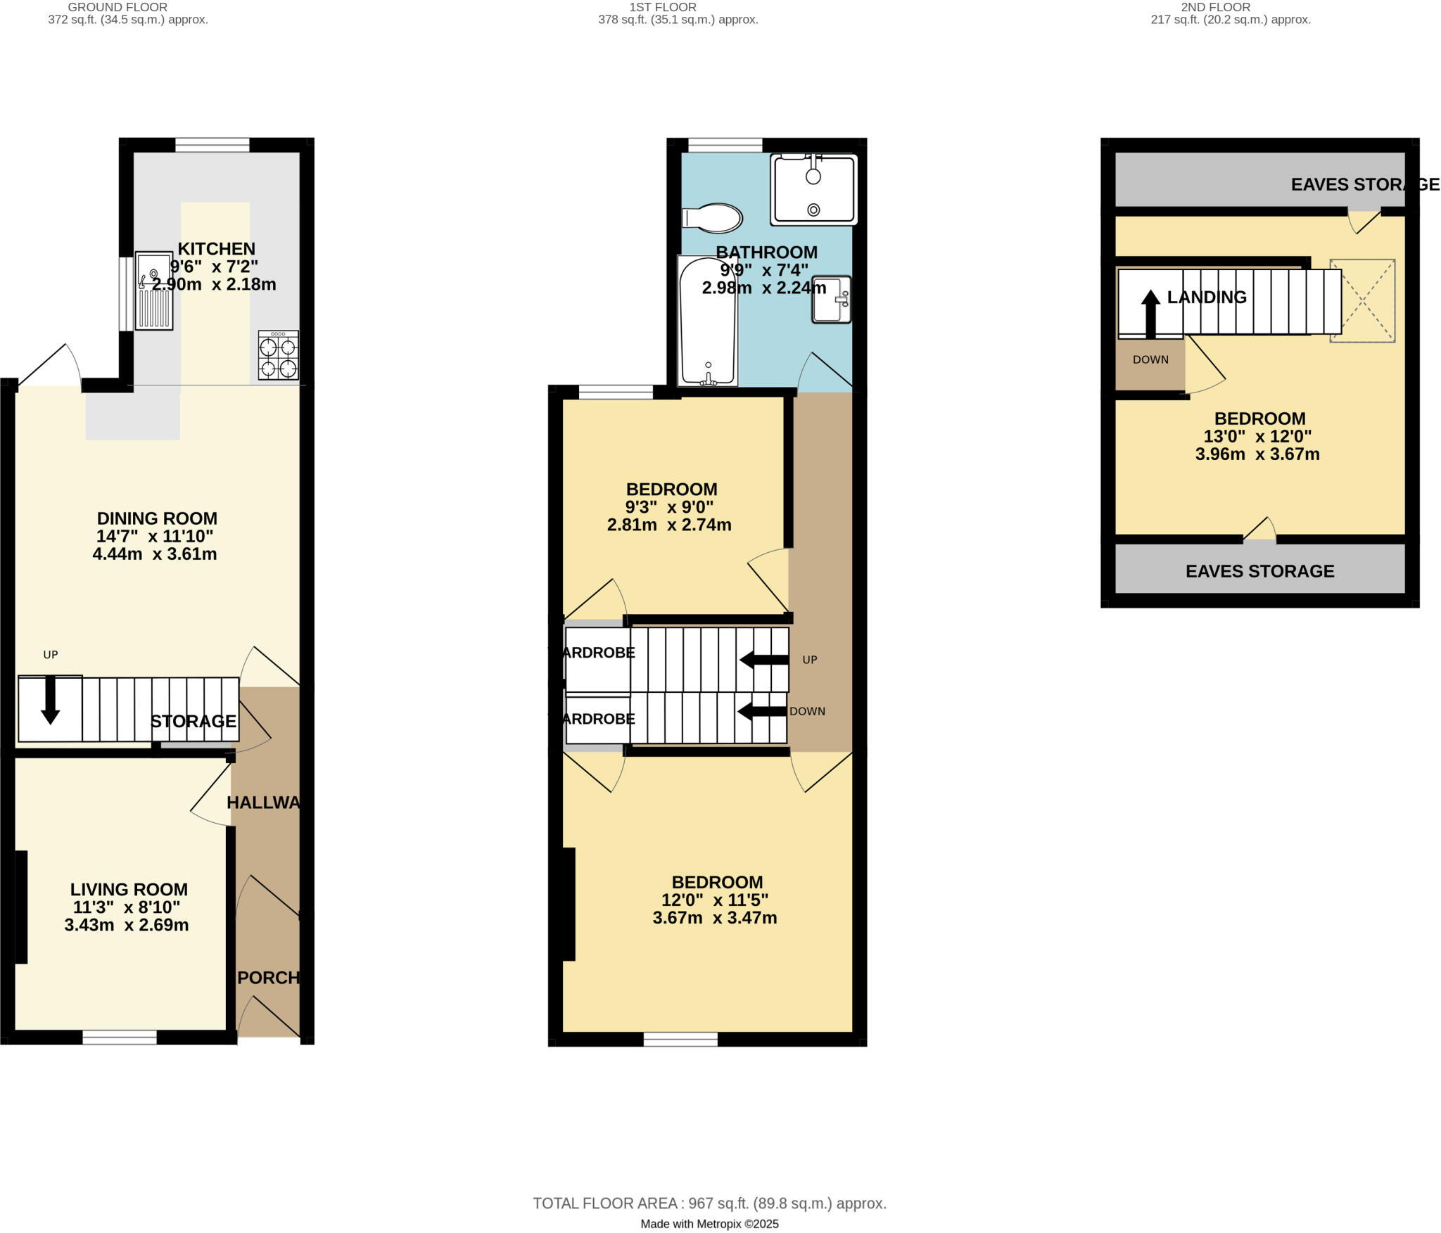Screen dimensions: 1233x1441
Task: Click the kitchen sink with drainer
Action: click(x=154, y=291)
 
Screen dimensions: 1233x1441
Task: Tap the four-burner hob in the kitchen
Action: click(x=278, y=356)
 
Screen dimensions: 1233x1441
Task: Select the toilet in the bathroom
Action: click(x=712, y=218)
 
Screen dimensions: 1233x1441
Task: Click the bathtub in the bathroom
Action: click(x=707, y=321)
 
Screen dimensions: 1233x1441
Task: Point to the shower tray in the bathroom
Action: click(x=813, y=189)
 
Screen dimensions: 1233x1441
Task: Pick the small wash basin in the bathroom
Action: click(x=832, y=300)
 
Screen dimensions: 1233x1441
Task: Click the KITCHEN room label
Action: click(x=216, y=249)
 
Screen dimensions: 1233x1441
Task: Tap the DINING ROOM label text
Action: click(x=157, y=518)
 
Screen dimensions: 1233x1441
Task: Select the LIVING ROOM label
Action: click(x=129, y=889)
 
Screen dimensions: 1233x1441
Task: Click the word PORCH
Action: click(x=269, y=978)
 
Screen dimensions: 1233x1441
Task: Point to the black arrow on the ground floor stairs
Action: click(x=50, y=700)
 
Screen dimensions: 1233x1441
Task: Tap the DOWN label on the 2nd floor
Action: click(x=1150, y=359)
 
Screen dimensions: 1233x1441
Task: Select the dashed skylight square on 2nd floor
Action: click(x=1362, y=301)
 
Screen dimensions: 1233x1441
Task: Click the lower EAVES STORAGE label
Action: click(x=1259, y=571)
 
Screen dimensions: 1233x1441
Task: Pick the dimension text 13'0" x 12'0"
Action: click(x=1257, y=436)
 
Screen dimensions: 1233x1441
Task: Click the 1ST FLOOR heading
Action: click(x=663, y=7)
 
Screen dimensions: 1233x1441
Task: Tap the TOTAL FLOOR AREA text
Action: click(x=709, y=1203)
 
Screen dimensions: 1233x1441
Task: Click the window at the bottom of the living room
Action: click(x=120, y=1037)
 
